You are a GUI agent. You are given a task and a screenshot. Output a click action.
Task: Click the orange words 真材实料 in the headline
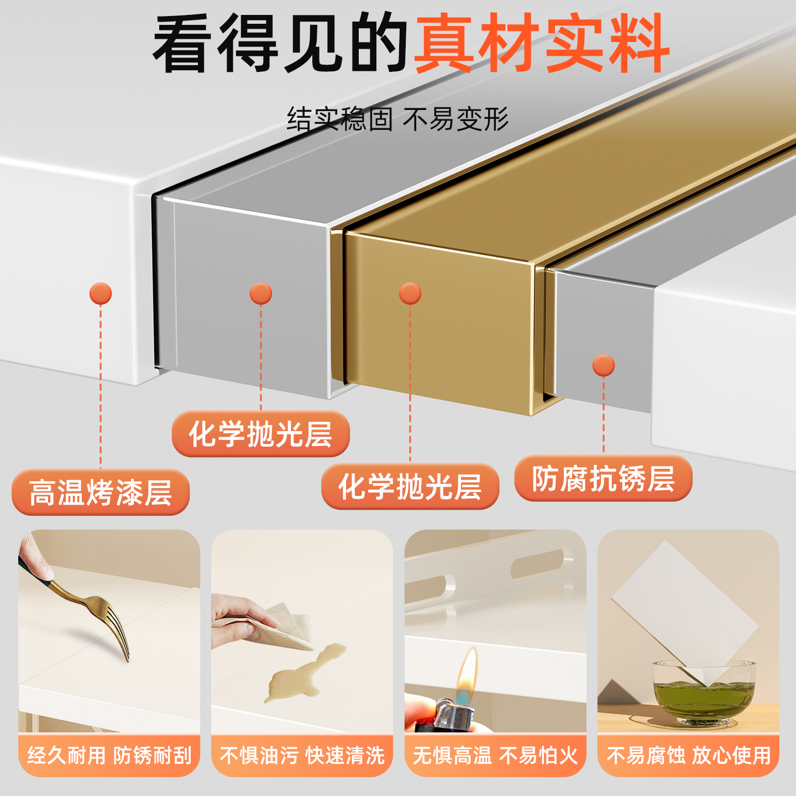pyautogui.click(x=542, y=44)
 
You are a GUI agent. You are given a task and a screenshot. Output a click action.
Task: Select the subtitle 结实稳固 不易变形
pyautogui.click(x=397, y=119)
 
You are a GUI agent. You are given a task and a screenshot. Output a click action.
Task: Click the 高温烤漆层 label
pyautogui.click(x=101, y=493)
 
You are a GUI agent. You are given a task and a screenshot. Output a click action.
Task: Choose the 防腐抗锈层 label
pyautogui.click(x=603, y=479)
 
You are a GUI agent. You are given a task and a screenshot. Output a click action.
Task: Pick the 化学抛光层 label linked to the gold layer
pyautogui.click(x=410, y=486)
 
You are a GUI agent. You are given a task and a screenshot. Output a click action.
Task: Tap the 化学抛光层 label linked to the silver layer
pyautogui.click(x=260, y=434)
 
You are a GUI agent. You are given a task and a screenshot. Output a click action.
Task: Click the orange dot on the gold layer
pyautogui.click(x=410, y=294)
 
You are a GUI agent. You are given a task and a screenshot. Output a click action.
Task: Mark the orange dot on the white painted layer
pyautogui.click(x=101, y=294)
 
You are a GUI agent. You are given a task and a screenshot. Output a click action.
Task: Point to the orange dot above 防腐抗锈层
pyautogui.click(x=603, y=365)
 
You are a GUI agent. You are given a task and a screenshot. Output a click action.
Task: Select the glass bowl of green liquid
pyautogui.click(x=704, y=694)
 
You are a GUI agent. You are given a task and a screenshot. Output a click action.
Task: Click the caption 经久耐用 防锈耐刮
pyautogui.click(x=109, y=756)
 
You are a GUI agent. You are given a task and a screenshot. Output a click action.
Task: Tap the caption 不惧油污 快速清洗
pyautogui.click(x=302, y=756)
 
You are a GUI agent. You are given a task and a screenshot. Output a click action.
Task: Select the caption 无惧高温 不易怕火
pyautogui.click(x=495, y=756)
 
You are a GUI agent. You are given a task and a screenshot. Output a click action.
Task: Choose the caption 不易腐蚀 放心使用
pyautogui.click(x=688, y=756)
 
